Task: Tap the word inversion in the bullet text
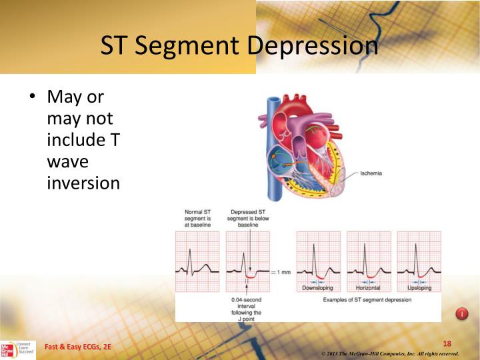point(83,182)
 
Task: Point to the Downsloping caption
point(317,289)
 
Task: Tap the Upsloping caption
point(419,289)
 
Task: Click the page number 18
point(447,343)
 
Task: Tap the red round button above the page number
point(461,313)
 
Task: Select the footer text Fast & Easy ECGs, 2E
point(78,347)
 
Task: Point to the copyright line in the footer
point(390,353)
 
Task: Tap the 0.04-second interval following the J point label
point(247,309)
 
